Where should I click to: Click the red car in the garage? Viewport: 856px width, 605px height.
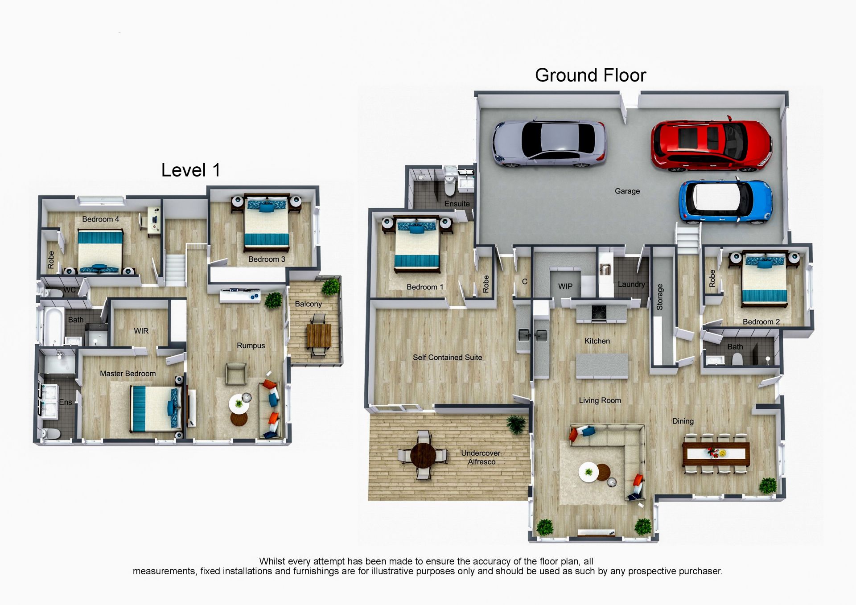point(712,144)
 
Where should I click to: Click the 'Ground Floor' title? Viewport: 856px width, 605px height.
point(590,75)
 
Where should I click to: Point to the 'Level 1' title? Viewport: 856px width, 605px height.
point(191,170)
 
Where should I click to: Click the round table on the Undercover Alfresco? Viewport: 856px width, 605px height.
point(423,454)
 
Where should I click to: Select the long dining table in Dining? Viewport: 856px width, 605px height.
point(716,453)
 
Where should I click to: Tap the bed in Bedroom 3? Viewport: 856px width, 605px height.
point(266,223)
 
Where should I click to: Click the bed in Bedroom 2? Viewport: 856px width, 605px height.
point(764,280)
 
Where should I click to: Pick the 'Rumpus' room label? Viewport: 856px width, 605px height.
point(251,346)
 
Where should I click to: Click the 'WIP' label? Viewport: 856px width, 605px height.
point(565,286)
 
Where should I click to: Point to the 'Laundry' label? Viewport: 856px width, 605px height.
point(631,284)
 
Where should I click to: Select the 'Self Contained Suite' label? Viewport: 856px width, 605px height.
point(447,357)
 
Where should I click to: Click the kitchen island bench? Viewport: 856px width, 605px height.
point(602,366)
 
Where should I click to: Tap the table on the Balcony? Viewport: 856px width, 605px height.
point(319,336)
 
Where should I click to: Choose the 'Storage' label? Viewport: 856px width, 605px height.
point(660,297)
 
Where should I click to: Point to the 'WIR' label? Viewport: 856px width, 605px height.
point(141,331)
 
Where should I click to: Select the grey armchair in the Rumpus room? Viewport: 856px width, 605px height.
point(236,374)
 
